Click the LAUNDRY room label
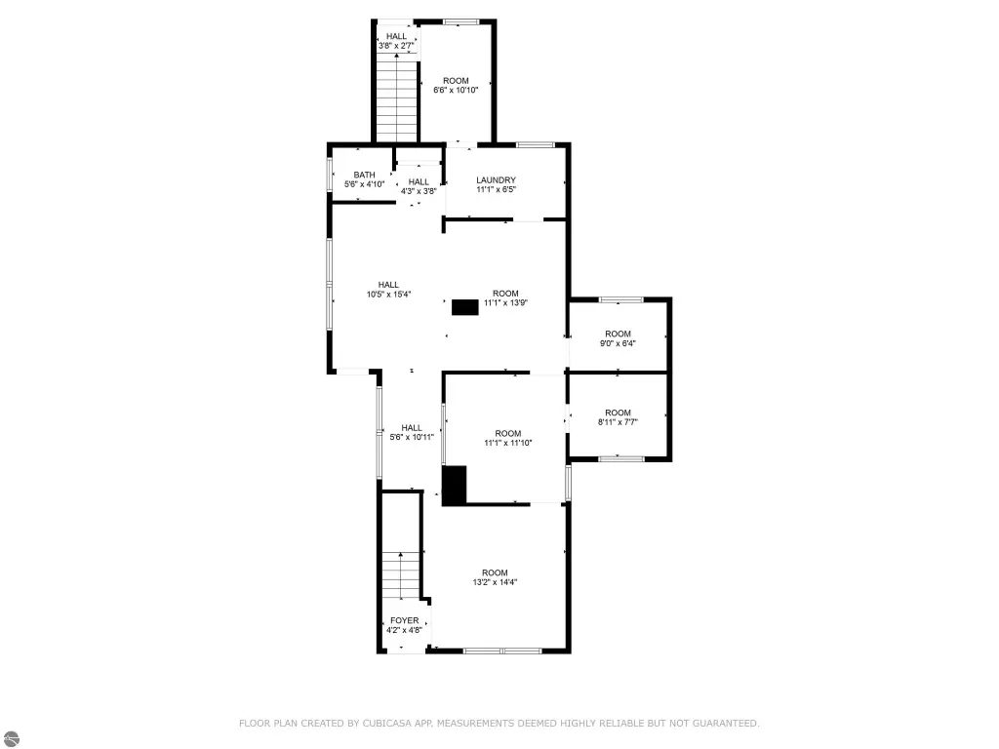496,180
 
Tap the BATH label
365,176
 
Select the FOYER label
405,620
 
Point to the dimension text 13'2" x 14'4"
495,582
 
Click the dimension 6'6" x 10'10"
457,91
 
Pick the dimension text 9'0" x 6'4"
618,343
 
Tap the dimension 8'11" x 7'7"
618,422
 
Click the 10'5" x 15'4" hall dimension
388,295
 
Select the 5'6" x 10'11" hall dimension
412,437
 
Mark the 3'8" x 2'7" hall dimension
396,46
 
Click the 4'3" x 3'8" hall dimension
419,191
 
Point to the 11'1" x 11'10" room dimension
507,443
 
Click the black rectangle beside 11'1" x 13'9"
465,307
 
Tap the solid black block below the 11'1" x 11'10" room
455,486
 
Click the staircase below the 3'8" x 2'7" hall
396,99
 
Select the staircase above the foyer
401,575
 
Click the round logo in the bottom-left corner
12,739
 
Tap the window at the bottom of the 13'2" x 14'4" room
502,650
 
